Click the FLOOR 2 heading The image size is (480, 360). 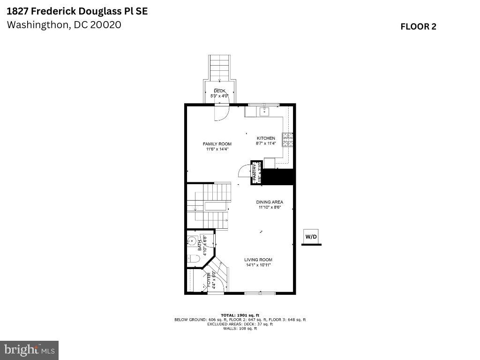click(418, 27)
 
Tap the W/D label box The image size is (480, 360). click(311, 237)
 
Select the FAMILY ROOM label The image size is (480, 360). click(217, 144)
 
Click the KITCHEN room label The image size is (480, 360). click(265, 138)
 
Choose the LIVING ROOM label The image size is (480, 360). click(258, 260)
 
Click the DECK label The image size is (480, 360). click(219, 91)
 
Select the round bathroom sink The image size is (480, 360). click(191, 242)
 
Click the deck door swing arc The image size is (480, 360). click(222, 113)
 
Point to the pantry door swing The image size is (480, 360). click(245, 172)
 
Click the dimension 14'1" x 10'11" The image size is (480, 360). click(258, 265)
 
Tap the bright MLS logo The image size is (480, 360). click(29, 350)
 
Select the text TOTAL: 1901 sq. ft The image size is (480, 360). click(240, 315)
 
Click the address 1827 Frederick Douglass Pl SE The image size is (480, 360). click(77, 11)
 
